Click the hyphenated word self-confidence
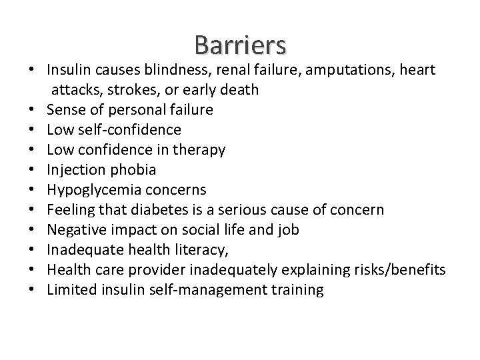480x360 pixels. point(128,129)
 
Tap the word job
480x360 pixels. point(289,230)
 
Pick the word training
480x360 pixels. point(297,290)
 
